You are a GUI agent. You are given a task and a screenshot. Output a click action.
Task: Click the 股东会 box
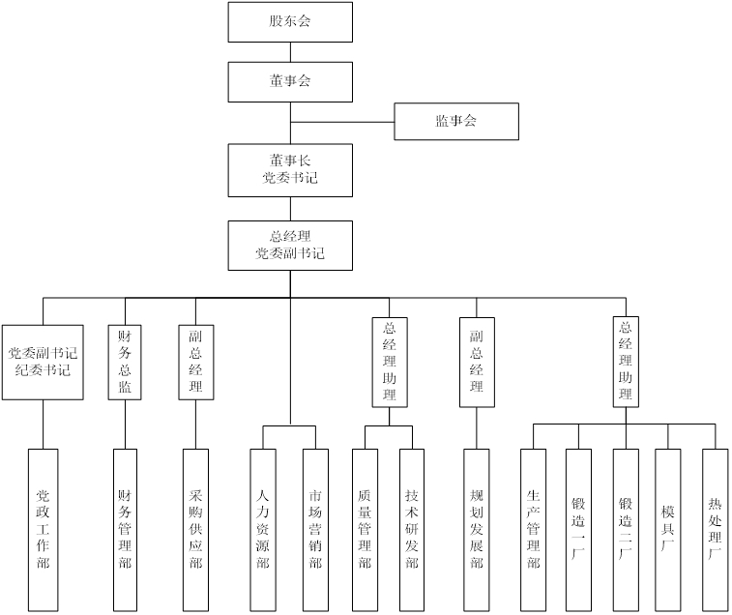290,21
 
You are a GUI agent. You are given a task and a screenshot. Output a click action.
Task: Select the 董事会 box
290,81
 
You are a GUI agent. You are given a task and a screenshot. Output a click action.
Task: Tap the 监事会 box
456,121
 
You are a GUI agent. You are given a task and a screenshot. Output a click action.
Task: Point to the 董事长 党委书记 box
290,169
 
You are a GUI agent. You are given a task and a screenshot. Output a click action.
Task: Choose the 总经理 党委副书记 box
290,245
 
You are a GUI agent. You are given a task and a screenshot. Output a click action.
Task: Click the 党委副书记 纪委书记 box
43,361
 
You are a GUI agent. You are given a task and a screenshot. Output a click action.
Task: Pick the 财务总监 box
125,361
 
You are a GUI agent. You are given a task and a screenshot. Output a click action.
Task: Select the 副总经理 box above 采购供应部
196,361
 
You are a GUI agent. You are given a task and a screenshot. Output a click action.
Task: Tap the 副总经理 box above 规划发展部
476,361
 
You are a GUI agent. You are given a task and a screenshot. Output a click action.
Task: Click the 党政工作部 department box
43,529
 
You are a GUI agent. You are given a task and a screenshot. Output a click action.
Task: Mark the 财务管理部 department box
125,529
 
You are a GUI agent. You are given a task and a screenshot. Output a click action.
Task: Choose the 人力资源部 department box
263,529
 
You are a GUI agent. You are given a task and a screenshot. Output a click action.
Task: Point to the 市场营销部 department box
315,529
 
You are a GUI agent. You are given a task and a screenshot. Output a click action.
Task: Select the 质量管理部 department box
365,529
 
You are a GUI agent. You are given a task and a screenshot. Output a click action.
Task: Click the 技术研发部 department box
412,529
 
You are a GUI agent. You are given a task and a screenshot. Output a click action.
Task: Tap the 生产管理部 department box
533,529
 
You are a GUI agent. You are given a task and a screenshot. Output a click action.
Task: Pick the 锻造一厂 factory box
578,529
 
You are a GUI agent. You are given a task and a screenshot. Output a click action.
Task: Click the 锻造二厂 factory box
625,529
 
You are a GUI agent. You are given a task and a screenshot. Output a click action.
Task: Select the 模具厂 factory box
668,529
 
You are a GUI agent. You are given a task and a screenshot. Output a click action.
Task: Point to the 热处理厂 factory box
715,529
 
